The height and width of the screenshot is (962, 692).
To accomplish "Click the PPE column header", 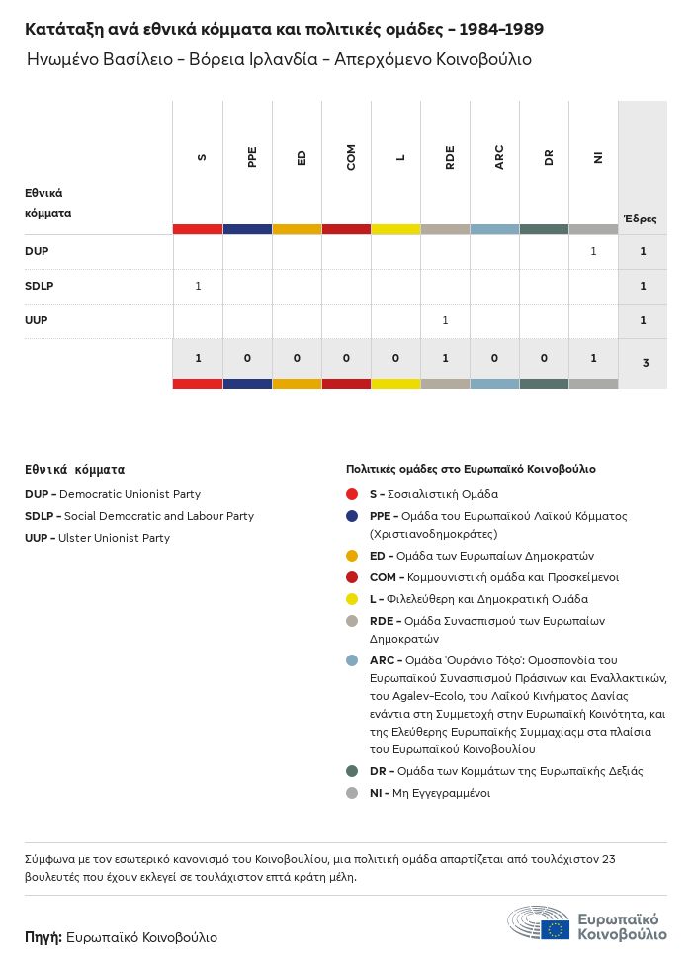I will coord(252,156).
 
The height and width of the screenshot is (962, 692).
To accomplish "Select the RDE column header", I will coord(450,156).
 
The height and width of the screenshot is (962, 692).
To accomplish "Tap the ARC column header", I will coord(499,156).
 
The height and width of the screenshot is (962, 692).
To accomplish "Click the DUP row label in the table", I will coord(37,251).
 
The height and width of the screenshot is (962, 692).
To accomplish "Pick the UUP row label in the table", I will coord(37,320).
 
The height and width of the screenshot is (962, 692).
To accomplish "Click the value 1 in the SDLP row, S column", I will coord(198,286).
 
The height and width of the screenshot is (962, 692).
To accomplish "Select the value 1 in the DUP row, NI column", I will coord(593,251).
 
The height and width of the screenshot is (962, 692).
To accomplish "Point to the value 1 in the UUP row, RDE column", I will coord(445,320).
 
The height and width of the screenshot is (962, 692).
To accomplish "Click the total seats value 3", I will coord(645,363).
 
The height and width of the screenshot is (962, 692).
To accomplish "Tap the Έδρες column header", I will coord(640,219).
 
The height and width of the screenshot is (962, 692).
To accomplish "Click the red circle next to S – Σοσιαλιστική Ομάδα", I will coord(352,494).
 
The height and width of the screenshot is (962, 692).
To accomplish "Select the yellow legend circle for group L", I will coord(352,599).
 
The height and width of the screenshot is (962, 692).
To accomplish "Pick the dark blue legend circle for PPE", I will coord(352,516).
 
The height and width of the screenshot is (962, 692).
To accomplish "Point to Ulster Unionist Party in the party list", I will coord(114,538).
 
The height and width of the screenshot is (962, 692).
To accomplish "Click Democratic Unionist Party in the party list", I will coord(130,494).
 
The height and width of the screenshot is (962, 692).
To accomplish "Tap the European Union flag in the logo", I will coord(555,928).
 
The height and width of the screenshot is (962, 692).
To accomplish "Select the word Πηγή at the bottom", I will coord(43,937).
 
